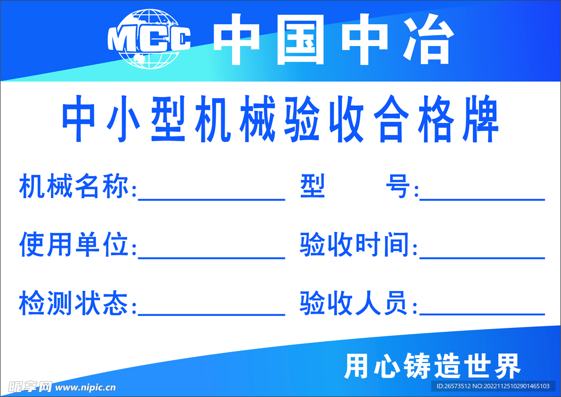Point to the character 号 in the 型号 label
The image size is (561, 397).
398,188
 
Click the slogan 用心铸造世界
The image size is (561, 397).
432,366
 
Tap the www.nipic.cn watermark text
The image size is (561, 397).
85,387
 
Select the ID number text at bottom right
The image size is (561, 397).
493,387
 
